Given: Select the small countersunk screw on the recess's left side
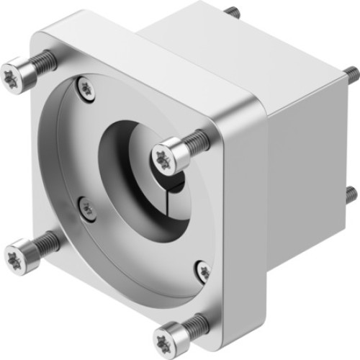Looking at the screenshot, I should click(x=84, y=207).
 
